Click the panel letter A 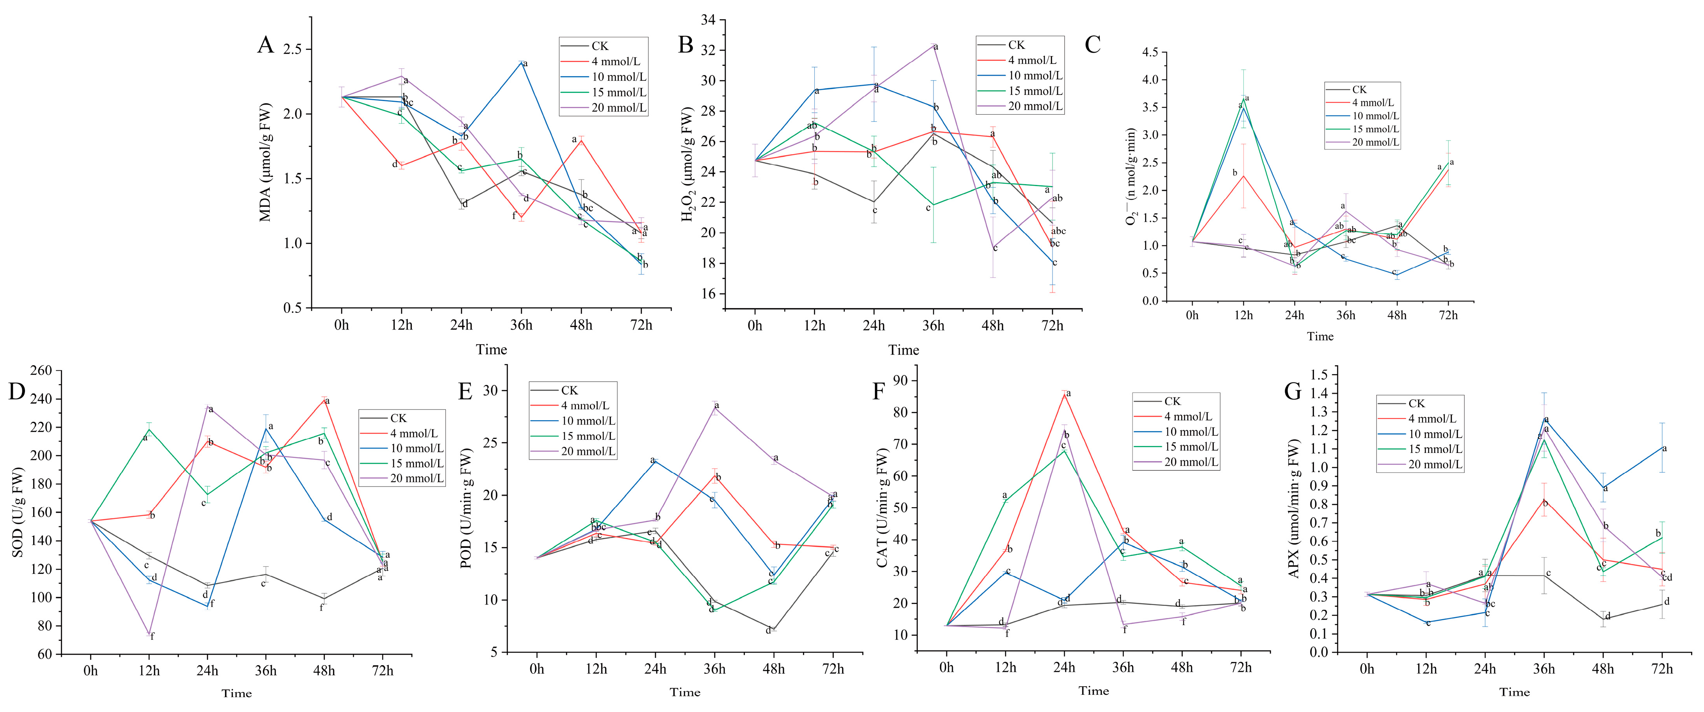click(265, 46)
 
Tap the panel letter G click(1293, 391)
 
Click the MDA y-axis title click(265, 162)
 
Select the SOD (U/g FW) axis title click(18, 512)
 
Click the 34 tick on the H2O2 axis click(708, 21)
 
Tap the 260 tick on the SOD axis click(41, 371)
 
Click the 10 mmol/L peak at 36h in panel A click(521, 62)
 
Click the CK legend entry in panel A click(599, 46)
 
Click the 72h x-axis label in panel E click(833, 669)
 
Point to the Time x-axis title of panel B click(903, 350)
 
